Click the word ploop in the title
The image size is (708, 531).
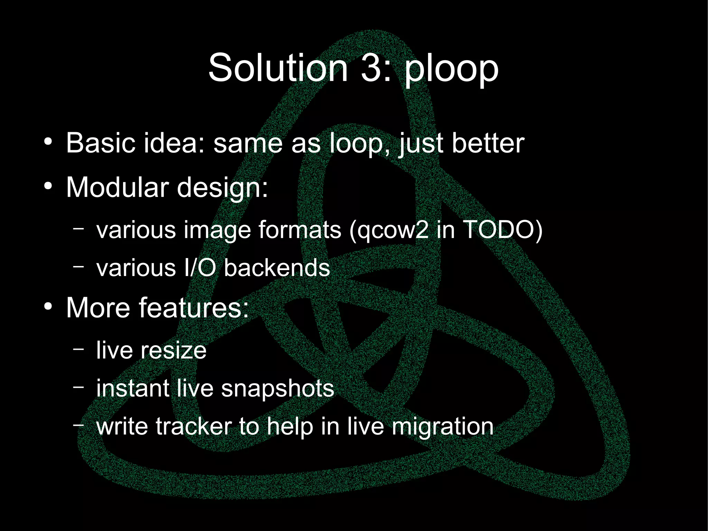coord(451,69)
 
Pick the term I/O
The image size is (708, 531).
coord(200,268)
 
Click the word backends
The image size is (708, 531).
coord(277,268)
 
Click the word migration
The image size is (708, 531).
coord(442,427)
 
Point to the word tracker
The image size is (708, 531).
coord(194,426)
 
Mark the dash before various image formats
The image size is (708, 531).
coord(78,229)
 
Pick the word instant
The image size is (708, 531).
coord(133,388)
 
